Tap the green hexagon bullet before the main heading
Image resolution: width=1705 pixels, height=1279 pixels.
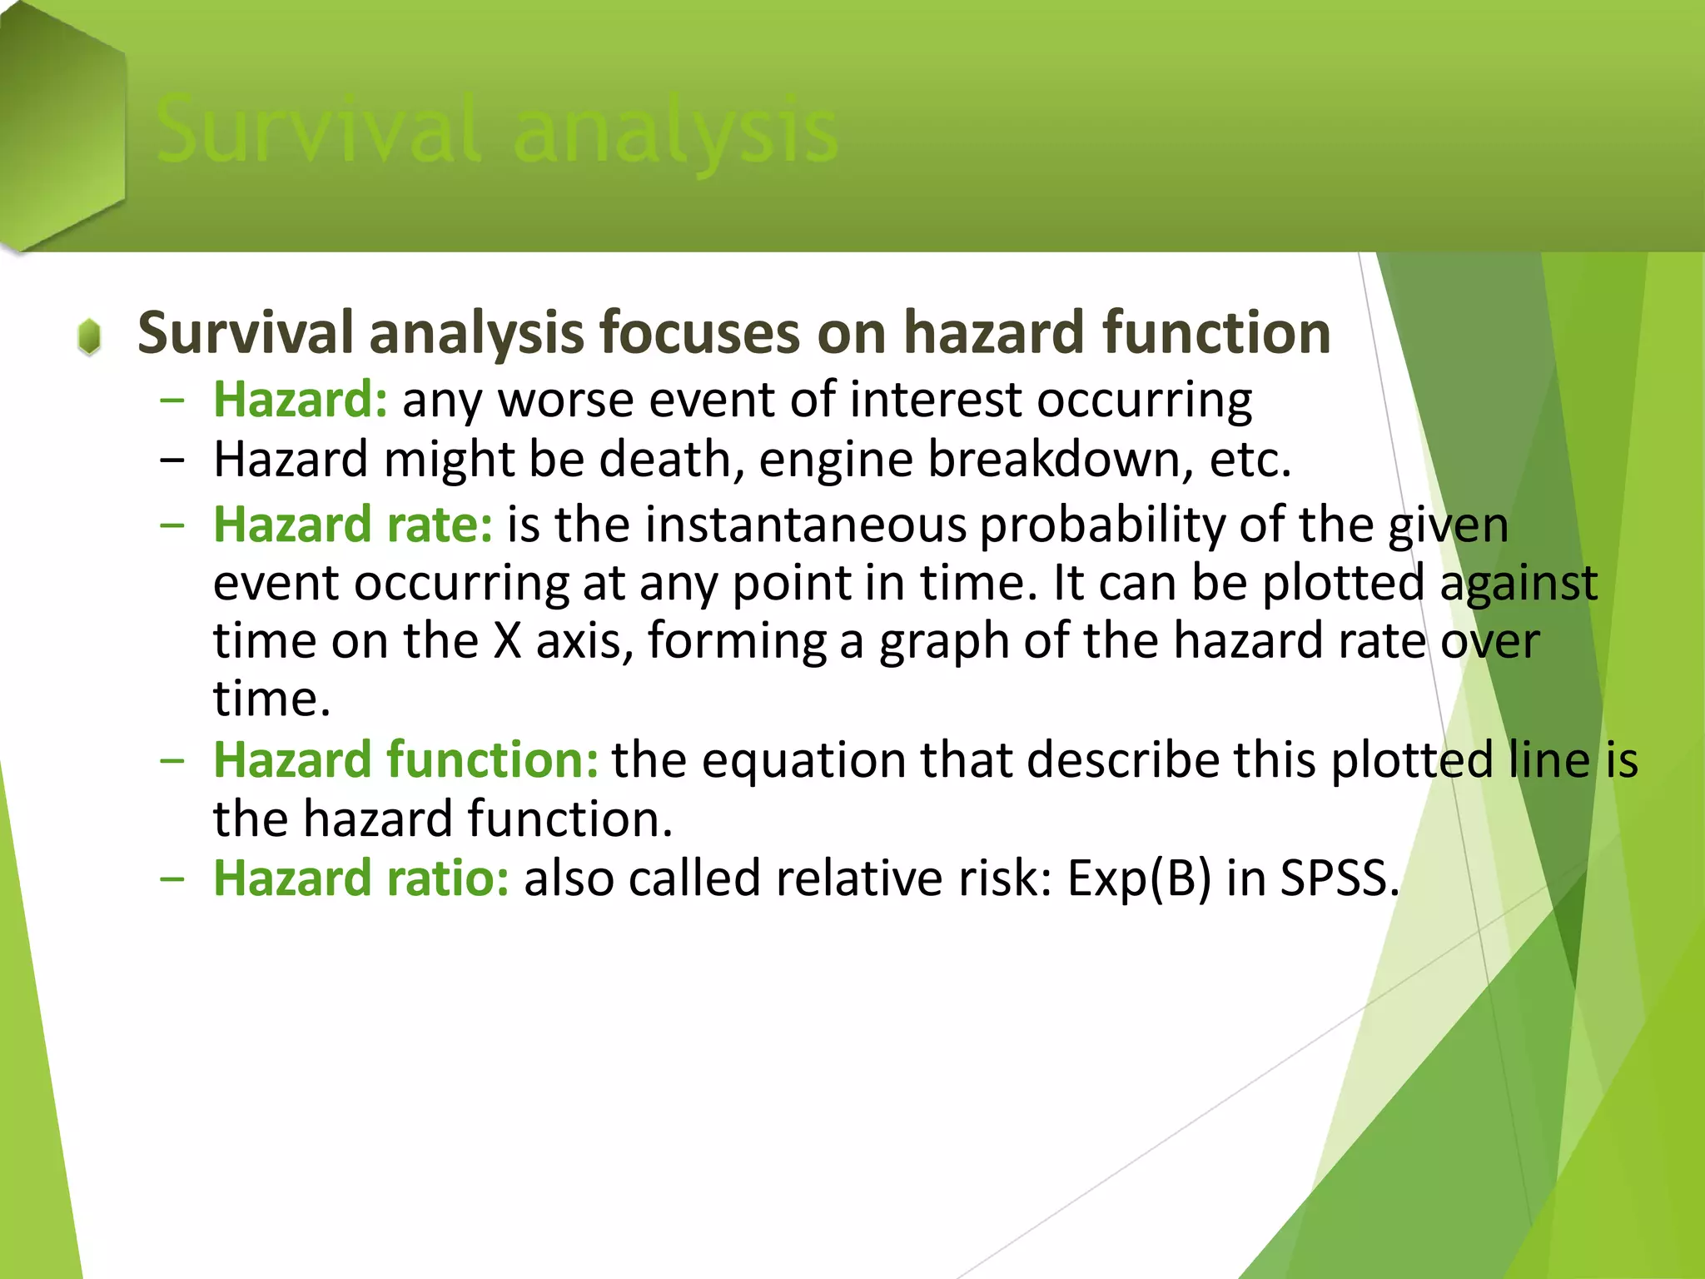point(89,337)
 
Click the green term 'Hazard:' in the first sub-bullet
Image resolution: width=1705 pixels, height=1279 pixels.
point(300,401)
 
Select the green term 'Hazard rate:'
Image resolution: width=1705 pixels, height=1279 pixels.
point(353,525)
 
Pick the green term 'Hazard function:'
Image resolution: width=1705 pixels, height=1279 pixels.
point(405,760)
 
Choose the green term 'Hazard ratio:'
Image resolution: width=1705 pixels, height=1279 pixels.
point(361,879)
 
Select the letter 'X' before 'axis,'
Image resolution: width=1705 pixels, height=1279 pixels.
point(507,642)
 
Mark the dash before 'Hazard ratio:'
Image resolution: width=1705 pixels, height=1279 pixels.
point(172,879)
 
